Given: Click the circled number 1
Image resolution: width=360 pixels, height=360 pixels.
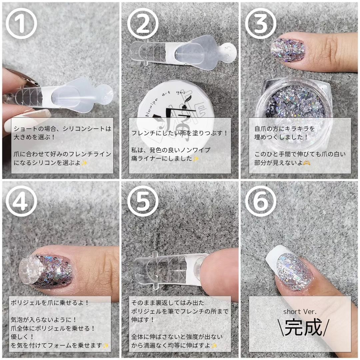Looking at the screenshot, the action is tap(21, 23).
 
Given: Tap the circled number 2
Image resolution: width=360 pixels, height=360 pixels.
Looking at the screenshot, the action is tap(143, 23).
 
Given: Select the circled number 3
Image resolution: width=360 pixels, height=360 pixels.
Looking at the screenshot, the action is tap(261, 23).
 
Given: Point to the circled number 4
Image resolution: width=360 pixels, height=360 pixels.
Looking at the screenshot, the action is tap(21, 201).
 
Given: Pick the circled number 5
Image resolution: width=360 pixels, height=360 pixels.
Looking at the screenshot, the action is tap(143, 201).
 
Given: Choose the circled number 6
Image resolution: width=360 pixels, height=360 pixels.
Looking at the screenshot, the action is tap(261, 201).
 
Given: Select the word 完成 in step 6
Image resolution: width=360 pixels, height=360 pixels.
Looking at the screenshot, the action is tap(304, 328).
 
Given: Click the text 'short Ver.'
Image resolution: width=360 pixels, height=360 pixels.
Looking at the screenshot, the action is tap(300, 312).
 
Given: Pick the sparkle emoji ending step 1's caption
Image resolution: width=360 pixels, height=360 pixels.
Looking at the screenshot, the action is tap(84, 163).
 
